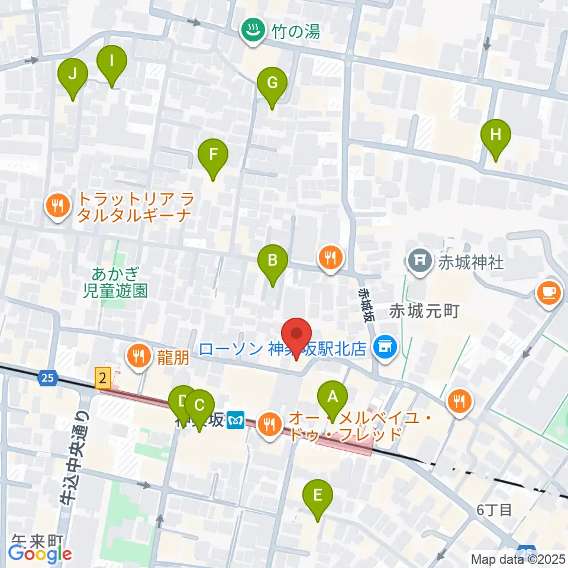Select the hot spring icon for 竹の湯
click(254, 30)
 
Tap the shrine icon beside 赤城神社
click(419, 261)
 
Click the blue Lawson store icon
click(387, 347)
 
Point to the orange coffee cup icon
click(548, 292)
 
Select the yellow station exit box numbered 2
click(103, 377)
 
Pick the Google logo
click(40, 554)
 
